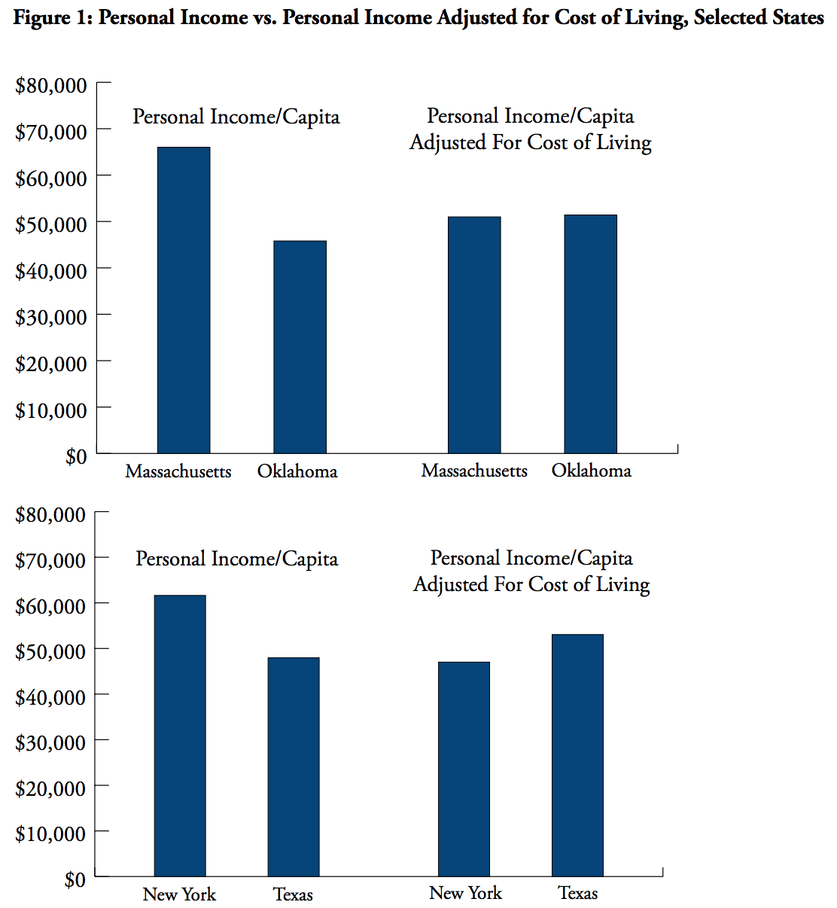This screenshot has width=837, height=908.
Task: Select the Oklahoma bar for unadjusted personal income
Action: point(300,346)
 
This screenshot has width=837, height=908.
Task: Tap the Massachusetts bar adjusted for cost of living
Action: point(474,334)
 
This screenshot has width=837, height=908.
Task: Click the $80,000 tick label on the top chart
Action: point(51,86)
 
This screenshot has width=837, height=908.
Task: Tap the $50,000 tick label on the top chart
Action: point(51,224)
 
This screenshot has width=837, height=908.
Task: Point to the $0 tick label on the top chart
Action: point(76,456)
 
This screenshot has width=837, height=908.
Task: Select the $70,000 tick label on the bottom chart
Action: point(51,560)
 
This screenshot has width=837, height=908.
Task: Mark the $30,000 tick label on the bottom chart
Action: point(51,743)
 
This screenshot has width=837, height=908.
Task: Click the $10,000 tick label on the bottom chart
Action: point(51,833)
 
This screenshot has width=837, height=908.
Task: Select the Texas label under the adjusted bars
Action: point(577,893)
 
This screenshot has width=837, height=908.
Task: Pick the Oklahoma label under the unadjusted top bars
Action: point(297,471)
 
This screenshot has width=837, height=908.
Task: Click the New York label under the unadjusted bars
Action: point(179,894)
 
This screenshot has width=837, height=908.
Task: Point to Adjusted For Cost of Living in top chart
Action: point(531,142)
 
